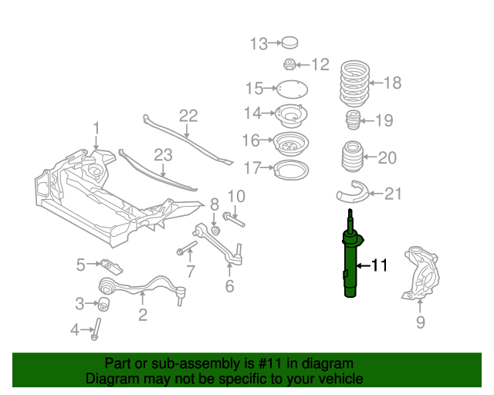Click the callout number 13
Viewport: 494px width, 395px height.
click(x=257, y=43)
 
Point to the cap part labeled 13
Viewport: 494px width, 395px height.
click(x=289, y=42)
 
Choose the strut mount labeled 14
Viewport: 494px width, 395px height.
click(x=292, y=115)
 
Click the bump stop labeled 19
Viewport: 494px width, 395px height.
click(x=352, y=122)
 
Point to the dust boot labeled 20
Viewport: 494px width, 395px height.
click(x=351, y=158)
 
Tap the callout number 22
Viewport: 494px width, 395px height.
click(x=188, y=116)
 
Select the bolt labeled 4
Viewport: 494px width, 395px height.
click(x=97, y=327)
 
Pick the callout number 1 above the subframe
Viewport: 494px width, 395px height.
click(x=96, y=127)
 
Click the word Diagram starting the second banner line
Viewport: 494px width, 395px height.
click(x=110, y=379)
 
